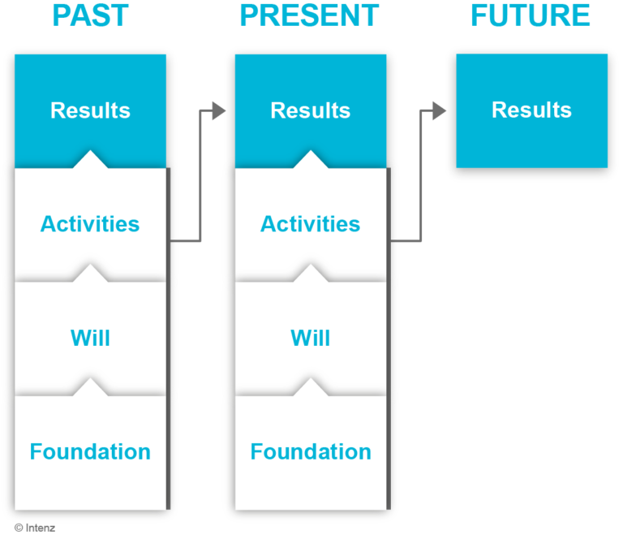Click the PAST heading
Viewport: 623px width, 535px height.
point(91,16)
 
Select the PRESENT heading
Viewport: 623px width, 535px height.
point(310,16)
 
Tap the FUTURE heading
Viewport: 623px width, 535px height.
point(531,16)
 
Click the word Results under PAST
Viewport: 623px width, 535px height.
point(91,110)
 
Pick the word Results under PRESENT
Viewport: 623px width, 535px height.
point(311,110)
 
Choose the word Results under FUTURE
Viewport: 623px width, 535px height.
point(531,110)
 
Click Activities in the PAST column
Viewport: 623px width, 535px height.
point(90,224)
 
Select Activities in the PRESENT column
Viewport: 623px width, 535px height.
point(311,224)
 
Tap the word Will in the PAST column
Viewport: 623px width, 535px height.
point(90,338)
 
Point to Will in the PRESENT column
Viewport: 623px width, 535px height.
point(311,338)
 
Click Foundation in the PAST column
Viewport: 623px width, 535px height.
point(90,452)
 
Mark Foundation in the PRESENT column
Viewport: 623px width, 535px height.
point(311,452)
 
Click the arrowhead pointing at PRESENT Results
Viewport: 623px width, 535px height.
point(219,110)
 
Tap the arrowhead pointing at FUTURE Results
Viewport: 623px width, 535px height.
point(439,110)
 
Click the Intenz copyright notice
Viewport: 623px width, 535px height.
point(35,528)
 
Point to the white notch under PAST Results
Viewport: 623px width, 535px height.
point(90,160)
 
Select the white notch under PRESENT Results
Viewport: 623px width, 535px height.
point(311,160)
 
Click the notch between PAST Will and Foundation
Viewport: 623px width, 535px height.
point(90,387)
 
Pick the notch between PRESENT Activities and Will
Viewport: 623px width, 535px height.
point(311,274)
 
